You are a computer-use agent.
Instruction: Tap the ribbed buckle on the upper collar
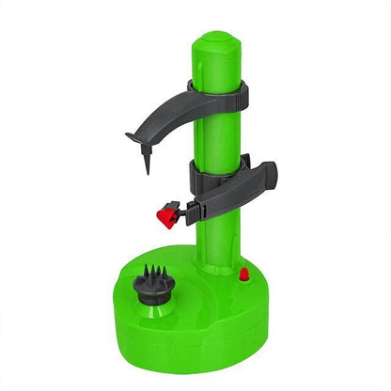pyautogui.click(x=242, y=91)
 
